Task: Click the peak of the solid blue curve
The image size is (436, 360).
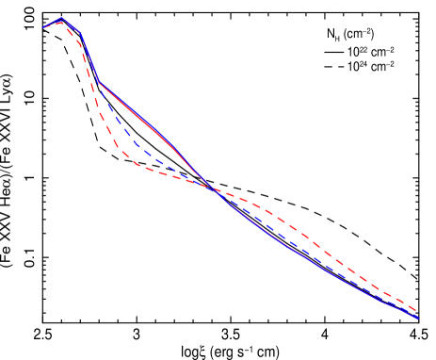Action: click(x=62, y=18)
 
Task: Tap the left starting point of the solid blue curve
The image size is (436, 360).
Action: click(x=43, y=26)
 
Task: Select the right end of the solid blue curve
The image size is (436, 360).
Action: click(x=418, y=319)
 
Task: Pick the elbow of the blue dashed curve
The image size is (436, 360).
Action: click(x=137, y=145)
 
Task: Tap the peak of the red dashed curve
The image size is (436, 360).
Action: click(x=60, y=22)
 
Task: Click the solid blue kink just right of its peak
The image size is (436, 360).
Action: click(x=81, y=35)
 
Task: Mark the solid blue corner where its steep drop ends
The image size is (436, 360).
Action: click(x=99, y=83)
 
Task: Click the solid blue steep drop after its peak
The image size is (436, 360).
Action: click(x=89, y=58)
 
